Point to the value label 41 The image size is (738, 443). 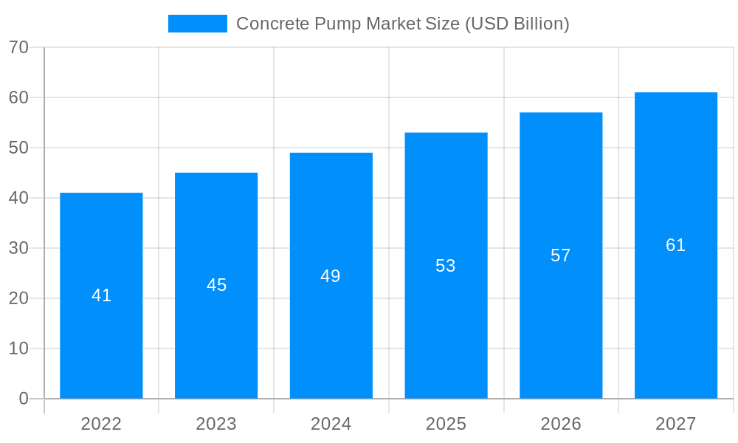(x=101, y=295)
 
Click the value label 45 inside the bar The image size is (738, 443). (x=216, y=285)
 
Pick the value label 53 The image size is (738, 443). (x=446, y=266)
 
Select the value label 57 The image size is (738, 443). (x=561, y=255)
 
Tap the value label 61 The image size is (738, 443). (x=676, y=245)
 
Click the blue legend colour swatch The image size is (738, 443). (x=198, y=24)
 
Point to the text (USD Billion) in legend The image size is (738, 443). (x=517, y=24)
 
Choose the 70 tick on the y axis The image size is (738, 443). (x=18, y=47)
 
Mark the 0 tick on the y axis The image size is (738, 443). (x=23, y=399)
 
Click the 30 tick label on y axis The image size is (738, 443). (x=18, y=248)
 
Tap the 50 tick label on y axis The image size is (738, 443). (x=18, y=148)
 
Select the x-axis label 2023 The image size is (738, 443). (x=216, y=424)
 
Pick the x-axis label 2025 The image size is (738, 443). (x=446, y=424)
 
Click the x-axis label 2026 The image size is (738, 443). (x=561, y=424)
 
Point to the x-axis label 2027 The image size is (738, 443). (x=676, y=424)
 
